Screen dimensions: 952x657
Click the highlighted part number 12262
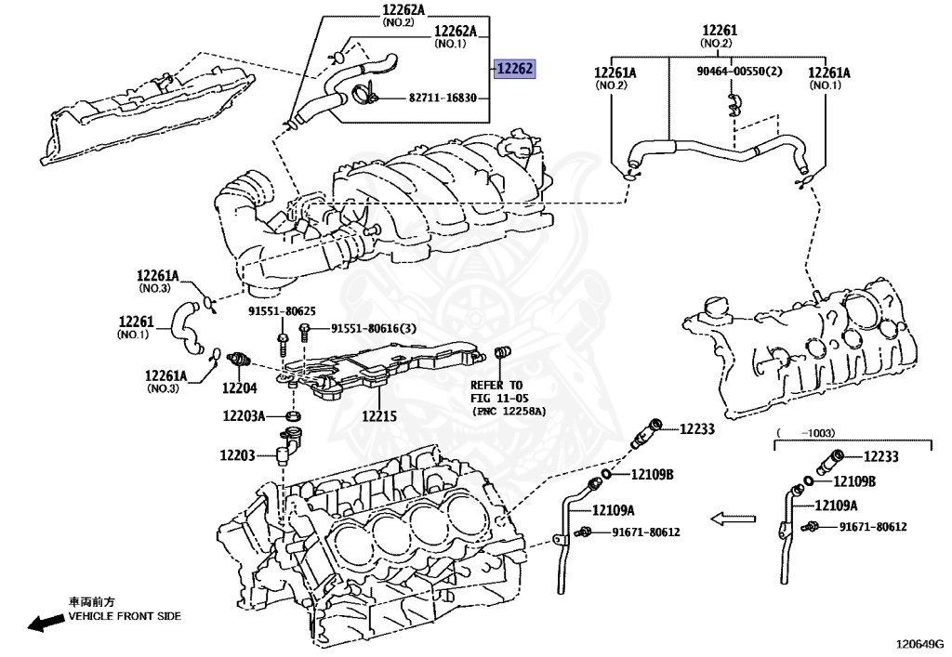click(514, 69)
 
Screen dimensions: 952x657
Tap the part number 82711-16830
click(443, 97)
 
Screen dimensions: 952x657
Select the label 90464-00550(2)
click(739, 71)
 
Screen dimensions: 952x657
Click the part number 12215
click(379, 416)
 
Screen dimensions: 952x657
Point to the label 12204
click(239, 388)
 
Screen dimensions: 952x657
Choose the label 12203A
click(245, 416)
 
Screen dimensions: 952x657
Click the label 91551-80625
click(282, 311)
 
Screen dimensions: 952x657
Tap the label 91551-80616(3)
click(374, 328)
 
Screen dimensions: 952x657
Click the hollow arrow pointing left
click(733, 519)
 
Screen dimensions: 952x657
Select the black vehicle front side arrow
click(46, 623)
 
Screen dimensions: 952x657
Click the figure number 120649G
click(921, 644)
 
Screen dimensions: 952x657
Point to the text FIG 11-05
click(499, 398)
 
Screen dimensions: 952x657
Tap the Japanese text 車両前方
click(91, 602)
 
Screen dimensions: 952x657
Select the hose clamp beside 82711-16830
click(364, 95)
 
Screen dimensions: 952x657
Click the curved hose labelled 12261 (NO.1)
click(186, 328)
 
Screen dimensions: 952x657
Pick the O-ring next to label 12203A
click(294, 416)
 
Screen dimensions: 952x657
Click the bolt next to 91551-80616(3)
click(305, 333)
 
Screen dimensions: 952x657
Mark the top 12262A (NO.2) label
click(403, 15)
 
